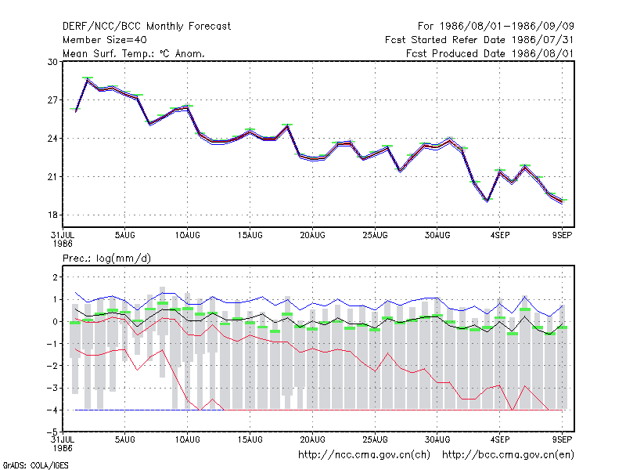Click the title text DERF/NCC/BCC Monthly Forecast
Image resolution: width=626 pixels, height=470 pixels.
[146, 27]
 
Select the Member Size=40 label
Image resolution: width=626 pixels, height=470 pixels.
[105, 40]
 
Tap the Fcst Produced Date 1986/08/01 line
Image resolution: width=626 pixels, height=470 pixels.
[490, 53]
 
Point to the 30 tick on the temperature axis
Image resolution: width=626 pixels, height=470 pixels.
[53, 62]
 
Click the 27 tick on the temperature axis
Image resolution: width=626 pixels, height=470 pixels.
[53, 100]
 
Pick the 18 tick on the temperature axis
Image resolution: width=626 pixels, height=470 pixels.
[53, 215]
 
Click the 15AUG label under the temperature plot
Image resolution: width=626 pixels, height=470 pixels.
[250, 236]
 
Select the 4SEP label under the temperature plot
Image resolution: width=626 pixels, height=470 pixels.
[500, 236]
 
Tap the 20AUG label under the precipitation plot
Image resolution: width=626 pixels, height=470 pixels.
[312, 439]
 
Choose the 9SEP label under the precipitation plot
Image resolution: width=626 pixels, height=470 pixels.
[562, 439]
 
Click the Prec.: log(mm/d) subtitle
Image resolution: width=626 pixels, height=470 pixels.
[106, 258]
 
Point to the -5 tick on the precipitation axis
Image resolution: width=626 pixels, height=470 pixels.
[52, 432]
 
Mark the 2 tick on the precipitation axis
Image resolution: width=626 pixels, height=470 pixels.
[55, 277]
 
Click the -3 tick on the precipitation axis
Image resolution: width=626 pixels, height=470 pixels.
[52, 388]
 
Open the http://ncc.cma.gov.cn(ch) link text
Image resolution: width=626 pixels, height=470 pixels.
[364, 455]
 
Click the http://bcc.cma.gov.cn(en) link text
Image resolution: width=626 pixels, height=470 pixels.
[508, 455]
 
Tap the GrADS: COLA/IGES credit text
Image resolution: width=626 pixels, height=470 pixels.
[36, 465]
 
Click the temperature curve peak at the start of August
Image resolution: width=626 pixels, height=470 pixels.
[88, 80]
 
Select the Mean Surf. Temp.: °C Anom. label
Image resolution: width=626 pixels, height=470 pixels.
[134, 53]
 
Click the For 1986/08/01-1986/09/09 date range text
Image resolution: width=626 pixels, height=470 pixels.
[496, 27]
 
